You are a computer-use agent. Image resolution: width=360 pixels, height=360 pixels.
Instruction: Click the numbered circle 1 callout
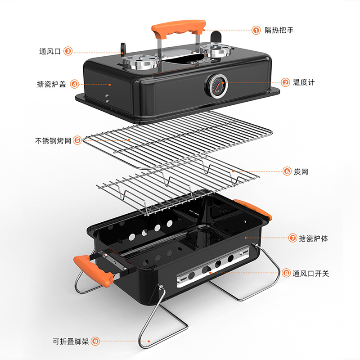pos(256,31)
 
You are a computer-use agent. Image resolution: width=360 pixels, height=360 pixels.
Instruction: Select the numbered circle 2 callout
pos(285,82)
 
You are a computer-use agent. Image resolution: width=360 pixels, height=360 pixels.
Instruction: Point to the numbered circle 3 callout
pos(68,51)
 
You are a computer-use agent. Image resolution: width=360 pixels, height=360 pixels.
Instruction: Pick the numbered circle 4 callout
pos(74,84)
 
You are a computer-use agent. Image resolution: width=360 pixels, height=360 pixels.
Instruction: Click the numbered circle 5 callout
pos(77,140)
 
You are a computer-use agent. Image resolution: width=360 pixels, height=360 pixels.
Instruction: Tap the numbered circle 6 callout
pos(287,171)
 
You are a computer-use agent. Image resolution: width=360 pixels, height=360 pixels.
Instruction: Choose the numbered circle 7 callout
pos(292,238)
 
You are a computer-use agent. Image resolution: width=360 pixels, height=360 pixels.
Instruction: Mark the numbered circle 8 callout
pos(286,273)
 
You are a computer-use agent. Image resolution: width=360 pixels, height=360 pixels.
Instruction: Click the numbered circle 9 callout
pos(95,341)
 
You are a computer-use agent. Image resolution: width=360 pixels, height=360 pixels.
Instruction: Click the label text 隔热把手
pos(279,31)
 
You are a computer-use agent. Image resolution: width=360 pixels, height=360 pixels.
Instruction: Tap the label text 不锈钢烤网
pos(53,140)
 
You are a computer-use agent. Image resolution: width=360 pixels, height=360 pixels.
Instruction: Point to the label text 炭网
pos(301,171)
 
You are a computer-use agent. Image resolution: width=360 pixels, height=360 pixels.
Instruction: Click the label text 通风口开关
pos(310,273)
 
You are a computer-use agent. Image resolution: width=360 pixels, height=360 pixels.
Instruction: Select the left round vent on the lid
pos(141,63)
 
